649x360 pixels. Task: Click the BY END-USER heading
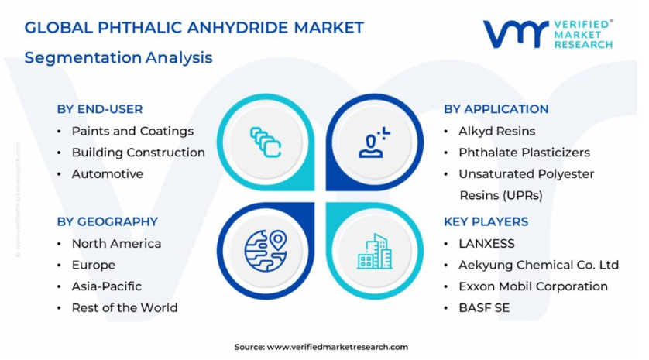tap(100, 109)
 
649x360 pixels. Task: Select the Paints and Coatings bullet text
tap(133, 131)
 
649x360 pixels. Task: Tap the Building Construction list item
tap(139, 153)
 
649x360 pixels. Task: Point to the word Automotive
tap(108, 173)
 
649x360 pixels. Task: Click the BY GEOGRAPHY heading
tap(108, 221)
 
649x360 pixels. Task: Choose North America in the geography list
tap(116, 244)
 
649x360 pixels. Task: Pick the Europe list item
tap(94, 266)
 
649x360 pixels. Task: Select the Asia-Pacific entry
tap(107, 286)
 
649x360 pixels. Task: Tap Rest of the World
tap(125, 308)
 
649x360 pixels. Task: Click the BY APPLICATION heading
tap(496, 109)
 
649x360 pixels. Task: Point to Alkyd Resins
tap(496, 131)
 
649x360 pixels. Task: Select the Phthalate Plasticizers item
tap(524, 153)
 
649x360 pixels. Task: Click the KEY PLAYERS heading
tap(486, 221)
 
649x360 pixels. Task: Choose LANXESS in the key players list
tap(486, 244)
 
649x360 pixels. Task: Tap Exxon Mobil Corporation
tap(533, 286)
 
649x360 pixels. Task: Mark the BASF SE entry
tap(484, 308)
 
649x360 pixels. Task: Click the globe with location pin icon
tap(266, 251)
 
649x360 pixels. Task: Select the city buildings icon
tap(375, 251)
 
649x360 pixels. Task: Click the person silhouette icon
tap(374, 142)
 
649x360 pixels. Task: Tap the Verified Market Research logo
tap(548, 34)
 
